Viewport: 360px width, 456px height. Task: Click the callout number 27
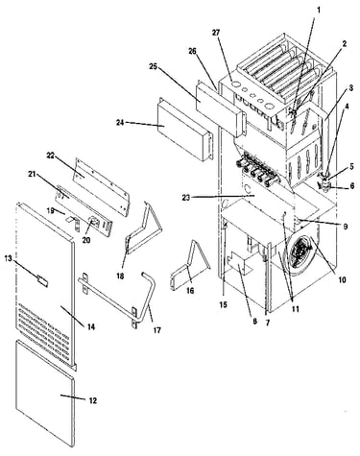coord(217,33)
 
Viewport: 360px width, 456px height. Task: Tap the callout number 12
coord(92,400)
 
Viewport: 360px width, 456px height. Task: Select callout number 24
coord(120,122)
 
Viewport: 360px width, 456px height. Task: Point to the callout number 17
coord(156,330)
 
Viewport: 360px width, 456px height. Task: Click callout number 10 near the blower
coord(342,280)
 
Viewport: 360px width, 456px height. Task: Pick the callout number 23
coord(185,198)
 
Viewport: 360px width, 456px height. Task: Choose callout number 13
coord(8,258)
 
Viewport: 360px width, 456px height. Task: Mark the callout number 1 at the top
coord(319,10)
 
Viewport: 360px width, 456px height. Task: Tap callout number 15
coord(223,304)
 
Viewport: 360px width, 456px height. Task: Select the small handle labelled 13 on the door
coord(42,280)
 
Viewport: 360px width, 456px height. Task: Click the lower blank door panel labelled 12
coord(45,393)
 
